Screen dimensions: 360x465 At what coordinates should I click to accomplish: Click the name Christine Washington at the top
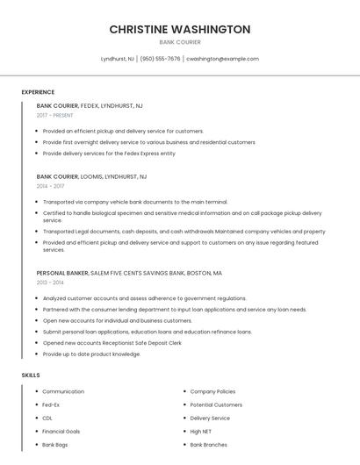click(x=179, y=29)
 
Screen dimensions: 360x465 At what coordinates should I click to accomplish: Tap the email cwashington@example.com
click(x=222, y=59)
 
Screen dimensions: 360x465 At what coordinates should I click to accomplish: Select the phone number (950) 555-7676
click(x=160, y=59)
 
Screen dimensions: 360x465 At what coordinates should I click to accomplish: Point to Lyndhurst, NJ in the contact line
click(x=118, y=59)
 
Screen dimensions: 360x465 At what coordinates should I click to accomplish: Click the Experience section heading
click(x=38, y=92)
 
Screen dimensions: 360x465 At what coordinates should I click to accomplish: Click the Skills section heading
click(x=31, y=375)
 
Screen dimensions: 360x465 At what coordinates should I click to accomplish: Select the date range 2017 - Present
click(x=55, y=115)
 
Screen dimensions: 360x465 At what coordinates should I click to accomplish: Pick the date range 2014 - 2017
click(x=51, y=186)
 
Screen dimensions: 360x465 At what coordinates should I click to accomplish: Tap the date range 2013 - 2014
click(x=51, y=283)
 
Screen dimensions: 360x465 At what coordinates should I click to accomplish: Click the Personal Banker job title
click(x=62, y=273)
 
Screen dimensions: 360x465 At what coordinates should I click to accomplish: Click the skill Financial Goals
click(x=61, y=432)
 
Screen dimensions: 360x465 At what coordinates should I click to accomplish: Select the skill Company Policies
click(x=212, y=391)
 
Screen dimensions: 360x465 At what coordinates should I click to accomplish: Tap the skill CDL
click(x=47, y=418)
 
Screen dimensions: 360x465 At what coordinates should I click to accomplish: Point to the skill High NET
click(x=201, y=432)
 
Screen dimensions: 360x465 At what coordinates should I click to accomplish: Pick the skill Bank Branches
click(x=210, y=445)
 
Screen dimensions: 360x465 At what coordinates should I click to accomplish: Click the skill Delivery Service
click(x=210, y=418)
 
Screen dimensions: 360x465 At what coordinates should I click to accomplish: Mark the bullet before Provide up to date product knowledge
click(x=37, y=354)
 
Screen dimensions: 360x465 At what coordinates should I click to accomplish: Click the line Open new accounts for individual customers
click(x=117, y=320)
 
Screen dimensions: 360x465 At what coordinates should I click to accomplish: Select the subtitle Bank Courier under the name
click(x=179, y=42)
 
